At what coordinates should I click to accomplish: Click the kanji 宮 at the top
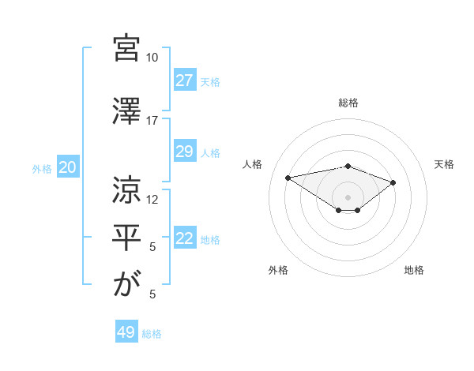(127, 47)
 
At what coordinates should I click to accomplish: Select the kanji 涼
(127, 190)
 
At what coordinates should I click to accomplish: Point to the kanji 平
(127, 238)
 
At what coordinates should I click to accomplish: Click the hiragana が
(127, 285)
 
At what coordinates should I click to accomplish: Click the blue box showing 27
(184, 81)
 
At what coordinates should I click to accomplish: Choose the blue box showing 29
(184, 152)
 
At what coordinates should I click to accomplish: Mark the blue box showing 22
(184, 239)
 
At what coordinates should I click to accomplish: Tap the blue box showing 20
(67, 167)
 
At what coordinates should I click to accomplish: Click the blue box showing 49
(126, 332)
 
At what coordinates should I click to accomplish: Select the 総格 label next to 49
(152, 334)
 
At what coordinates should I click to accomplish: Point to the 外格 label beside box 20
(42, 168)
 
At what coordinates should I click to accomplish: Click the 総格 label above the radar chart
(348, 103)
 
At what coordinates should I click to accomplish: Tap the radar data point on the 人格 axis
(288, 177)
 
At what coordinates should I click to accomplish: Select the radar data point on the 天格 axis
(393, 182)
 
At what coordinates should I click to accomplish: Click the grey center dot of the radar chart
(348, 197)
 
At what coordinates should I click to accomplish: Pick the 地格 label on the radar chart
(414, 270)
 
